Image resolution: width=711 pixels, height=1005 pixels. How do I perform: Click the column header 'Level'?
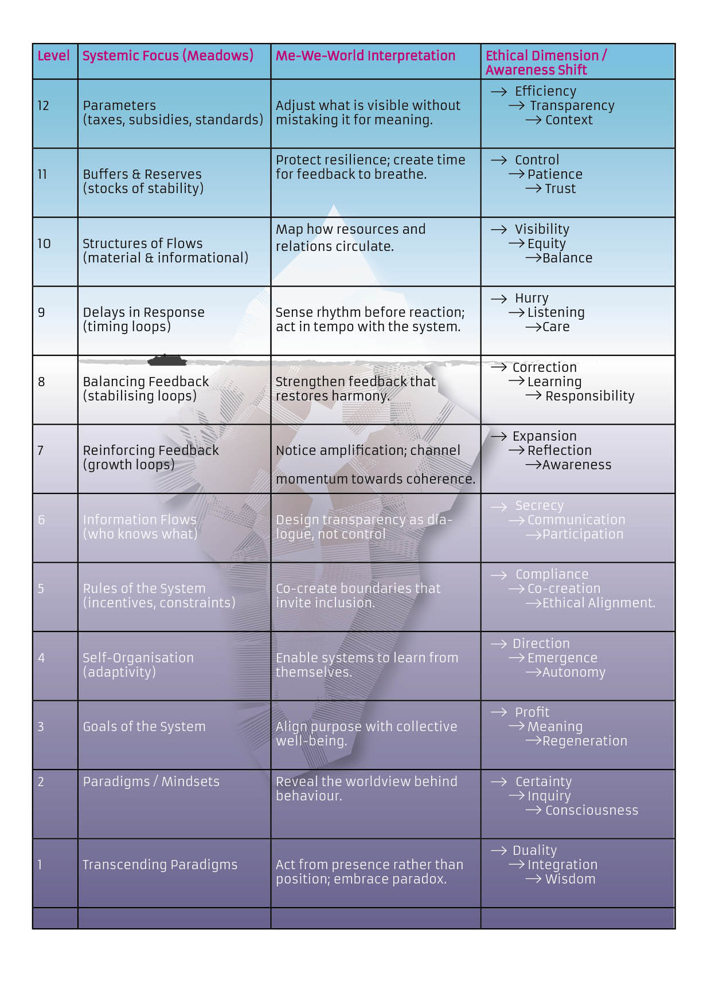[53, 56]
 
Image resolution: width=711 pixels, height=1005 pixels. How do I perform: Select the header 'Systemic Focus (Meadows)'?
[167, 56]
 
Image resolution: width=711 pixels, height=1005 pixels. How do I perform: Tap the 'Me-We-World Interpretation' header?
[365, 56]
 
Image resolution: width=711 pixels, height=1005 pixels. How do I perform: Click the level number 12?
[43, 105]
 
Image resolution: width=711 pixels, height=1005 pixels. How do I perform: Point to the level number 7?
[41, 450]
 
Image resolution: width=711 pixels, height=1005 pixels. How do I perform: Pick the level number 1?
[40, 865]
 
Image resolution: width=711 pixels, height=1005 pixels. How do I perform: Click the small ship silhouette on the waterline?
[167, 360]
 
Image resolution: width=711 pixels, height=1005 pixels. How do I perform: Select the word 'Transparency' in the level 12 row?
[572, 105]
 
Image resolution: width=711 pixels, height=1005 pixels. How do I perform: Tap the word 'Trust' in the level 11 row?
[560, 189]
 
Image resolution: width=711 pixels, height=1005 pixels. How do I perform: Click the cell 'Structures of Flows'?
[143, 244]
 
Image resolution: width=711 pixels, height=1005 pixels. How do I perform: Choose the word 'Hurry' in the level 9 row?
[532, 298]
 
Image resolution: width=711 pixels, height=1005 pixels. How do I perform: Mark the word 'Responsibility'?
[589, 396]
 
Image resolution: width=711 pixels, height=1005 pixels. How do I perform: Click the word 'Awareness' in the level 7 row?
[577, 465]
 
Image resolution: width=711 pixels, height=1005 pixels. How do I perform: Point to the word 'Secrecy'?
[539, 505]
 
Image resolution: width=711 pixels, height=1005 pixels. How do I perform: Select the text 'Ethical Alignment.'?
[599, 603]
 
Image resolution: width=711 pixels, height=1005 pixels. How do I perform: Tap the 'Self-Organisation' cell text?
[138, 658]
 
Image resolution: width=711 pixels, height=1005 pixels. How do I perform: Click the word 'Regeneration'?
[585, 741]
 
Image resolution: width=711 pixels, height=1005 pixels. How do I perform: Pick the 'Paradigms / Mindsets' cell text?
[151, 782]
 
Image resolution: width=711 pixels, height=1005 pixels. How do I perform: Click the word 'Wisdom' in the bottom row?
[570, 879]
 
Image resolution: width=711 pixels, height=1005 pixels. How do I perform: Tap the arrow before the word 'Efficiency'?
[499, 92]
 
